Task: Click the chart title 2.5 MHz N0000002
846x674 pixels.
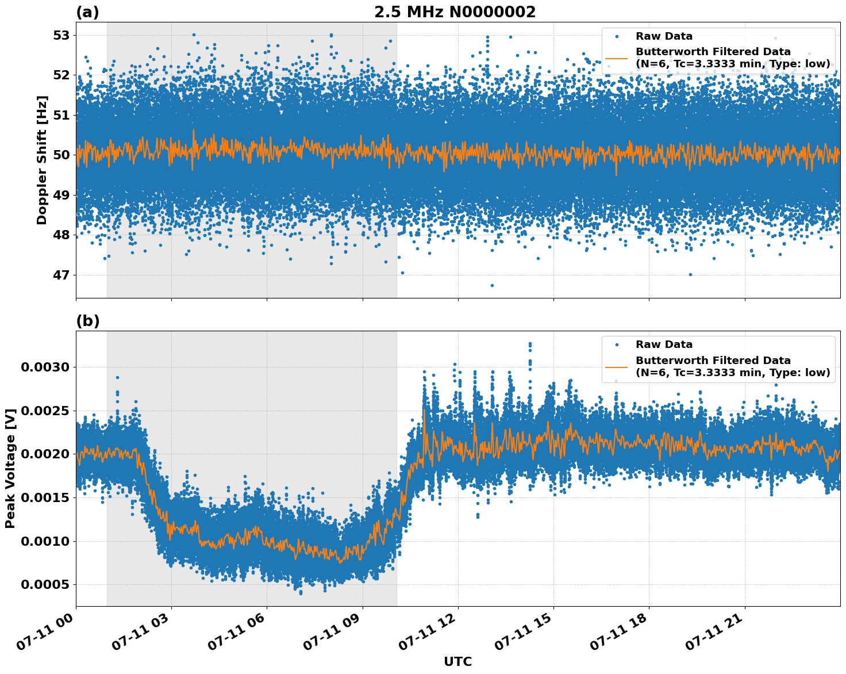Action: click(455, 12)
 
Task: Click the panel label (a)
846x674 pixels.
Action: click(87, 12)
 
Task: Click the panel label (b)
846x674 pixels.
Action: click(87, 321)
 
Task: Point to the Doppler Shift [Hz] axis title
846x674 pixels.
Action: click(42, 160)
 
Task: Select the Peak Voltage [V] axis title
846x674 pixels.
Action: click(10, 468)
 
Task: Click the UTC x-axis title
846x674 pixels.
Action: click(457, 661)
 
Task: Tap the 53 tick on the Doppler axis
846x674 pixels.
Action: click(61, 36)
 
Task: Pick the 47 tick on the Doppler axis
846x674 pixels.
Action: click(61, 275)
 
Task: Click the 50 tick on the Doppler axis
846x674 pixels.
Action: click(61, 155)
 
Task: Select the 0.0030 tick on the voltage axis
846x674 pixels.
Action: click(45, 367)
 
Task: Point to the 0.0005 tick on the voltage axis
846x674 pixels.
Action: click(45, 585)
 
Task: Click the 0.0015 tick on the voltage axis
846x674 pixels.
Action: click(45, 498)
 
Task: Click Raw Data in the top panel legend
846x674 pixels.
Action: click(664, 36)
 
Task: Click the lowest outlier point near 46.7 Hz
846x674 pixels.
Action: click(492, 285)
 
